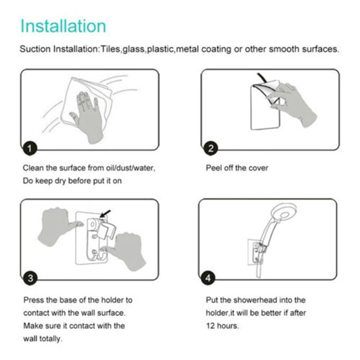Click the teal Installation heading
pyautogui.click(x=63, y=26)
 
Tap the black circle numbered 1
pyautogui.click(x=30, y=148)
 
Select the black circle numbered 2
pyautogui.click(x=211, y=148)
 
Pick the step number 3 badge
pyautogui.click(x=30, y=278)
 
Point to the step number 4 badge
pyautogui.click(x=208, y=278)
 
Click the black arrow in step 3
pyautogui.click(x=105, y=214)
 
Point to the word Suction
pyautogui.click(x=35, y=49)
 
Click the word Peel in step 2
pyautogui.click(x=214, y=168)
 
